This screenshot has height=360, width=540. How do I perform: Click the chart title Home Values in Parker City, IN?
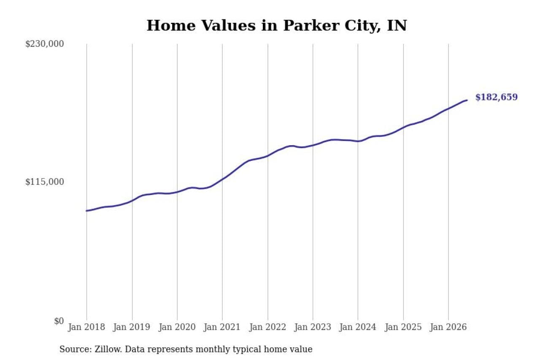[x=277, y=26]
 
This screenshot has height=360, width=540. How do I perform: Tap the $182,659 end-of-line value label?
[x=497, y=97]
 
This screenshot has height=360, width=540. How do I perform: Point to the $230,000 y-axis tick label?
[x=45, y=44]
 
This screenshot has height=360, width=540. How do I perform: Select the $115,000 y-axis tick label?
[x=45, y=182]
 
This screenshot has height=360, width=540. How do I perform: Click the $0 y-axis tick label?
[x=59, y=321]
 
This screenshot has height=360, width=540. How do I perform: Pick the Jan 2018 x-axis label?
[x=86, y=327]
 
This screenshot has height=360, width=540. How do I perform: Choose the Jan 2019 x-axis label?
[x=132, y=327]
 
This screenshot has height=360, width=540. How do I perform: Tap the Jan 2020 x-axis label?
[x=177, y=327]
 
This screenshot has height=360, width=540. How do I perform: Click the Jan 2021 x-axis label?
[x=222, y=327]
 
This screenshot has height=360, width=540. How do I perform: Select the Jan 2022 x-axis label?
[x=267, y=327]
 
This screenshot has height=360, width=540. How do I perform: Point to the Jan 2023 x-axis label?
[x=313, y=327]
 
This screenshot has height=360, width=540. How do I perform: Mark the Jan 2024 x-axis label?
[x=358, y=327]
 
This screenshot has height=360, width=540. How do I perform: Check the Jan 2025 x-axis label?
[x=403, y=327]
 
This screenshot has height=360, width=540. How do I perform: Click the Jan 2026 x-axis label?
[x=448, y=327]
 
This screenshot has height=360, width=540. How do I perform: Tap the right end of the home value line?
[x=467, y=100]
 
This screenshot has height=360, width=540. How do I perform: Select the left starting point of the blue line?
[x=87, y=211]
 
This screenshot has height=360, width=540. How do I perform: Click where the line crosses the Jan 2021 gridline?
[x=222, y=179]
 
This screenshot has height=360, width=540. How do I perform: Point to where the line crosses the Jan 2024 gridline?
[x=358, y=141]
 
